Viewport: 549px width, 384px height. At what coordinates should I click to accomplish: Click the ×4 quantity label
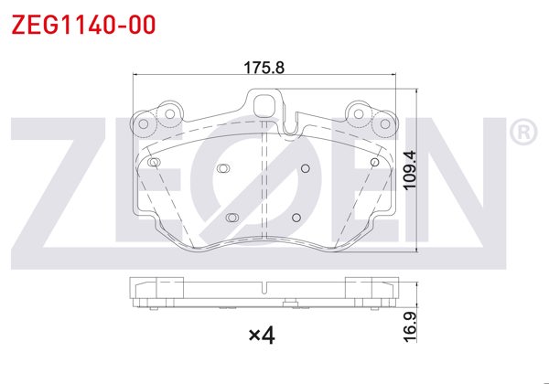tap(262, 336)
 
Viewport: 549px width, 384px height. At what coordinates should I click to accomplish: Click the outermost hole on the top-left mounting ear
tap(142, 119)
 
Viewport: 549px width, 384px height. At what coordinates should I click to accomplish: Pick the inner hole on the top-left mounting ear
tap(167, 113)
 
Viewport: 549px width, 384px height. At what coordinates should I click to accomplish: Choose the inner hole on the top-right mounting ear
tap(357, 113)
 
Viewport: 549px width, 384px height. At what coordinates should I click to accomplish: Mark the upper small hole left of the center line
tap(222, 167)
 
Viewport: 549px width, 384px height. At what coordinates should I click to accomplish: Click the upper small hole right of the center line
tap(305, 167)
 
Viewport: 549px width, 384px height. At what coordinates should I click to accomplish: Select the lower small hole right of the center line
tap(295, 217)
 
